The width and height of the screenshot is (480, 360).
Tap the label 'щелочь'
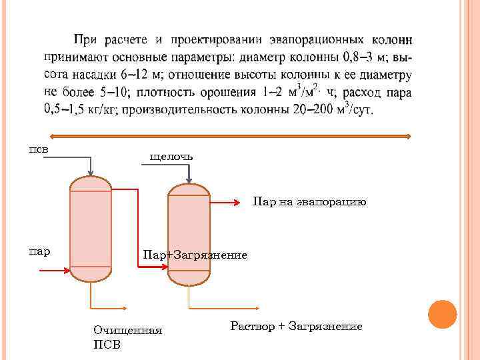click(171, 156)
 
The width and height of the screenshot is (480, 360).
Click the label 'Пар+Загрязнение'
click(195, 255)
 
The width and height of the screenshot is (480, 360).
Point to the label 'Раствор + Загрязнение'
click(296, 326)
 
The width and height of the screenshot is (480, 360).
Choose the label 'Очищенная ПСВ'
click(128, 337)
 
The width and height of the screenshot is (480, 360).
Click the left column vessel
click(90, 228)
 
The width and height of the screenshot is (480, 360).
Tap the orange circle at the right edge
click(442, 314)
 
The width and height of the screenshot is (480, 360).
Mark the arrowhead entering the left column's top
click(90, 171)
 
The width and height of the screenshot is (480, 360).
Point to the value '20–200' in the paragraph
click(315, 109)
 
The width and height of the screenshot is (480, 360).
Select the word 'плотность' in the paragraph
click(185, 92)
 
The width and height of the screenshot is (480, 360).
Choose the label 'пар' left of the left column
click(39, 251)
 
